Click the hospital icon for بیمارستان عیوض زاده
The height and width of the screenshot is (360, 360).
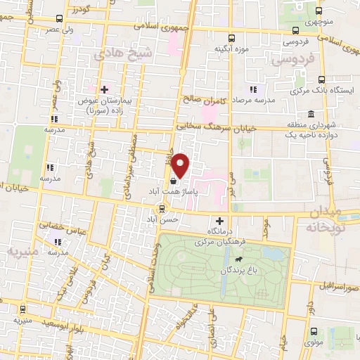(104, 90)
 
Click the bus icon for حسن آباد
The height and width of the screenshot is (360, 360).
(162, 208)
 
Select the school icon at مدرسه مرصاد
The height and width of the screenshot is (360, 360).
(252, 90)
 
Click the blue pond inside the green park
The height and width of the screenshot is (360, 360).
(273, 254)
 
